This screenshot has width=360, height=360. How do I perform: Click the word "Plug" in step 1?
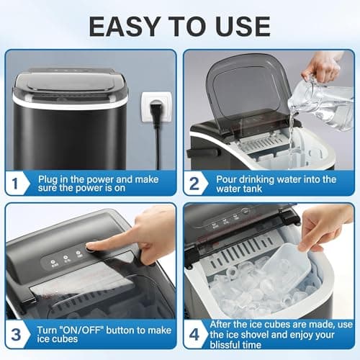point(51,179)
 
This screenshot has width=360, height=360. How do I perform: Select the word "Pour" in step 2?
point(228,179)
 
